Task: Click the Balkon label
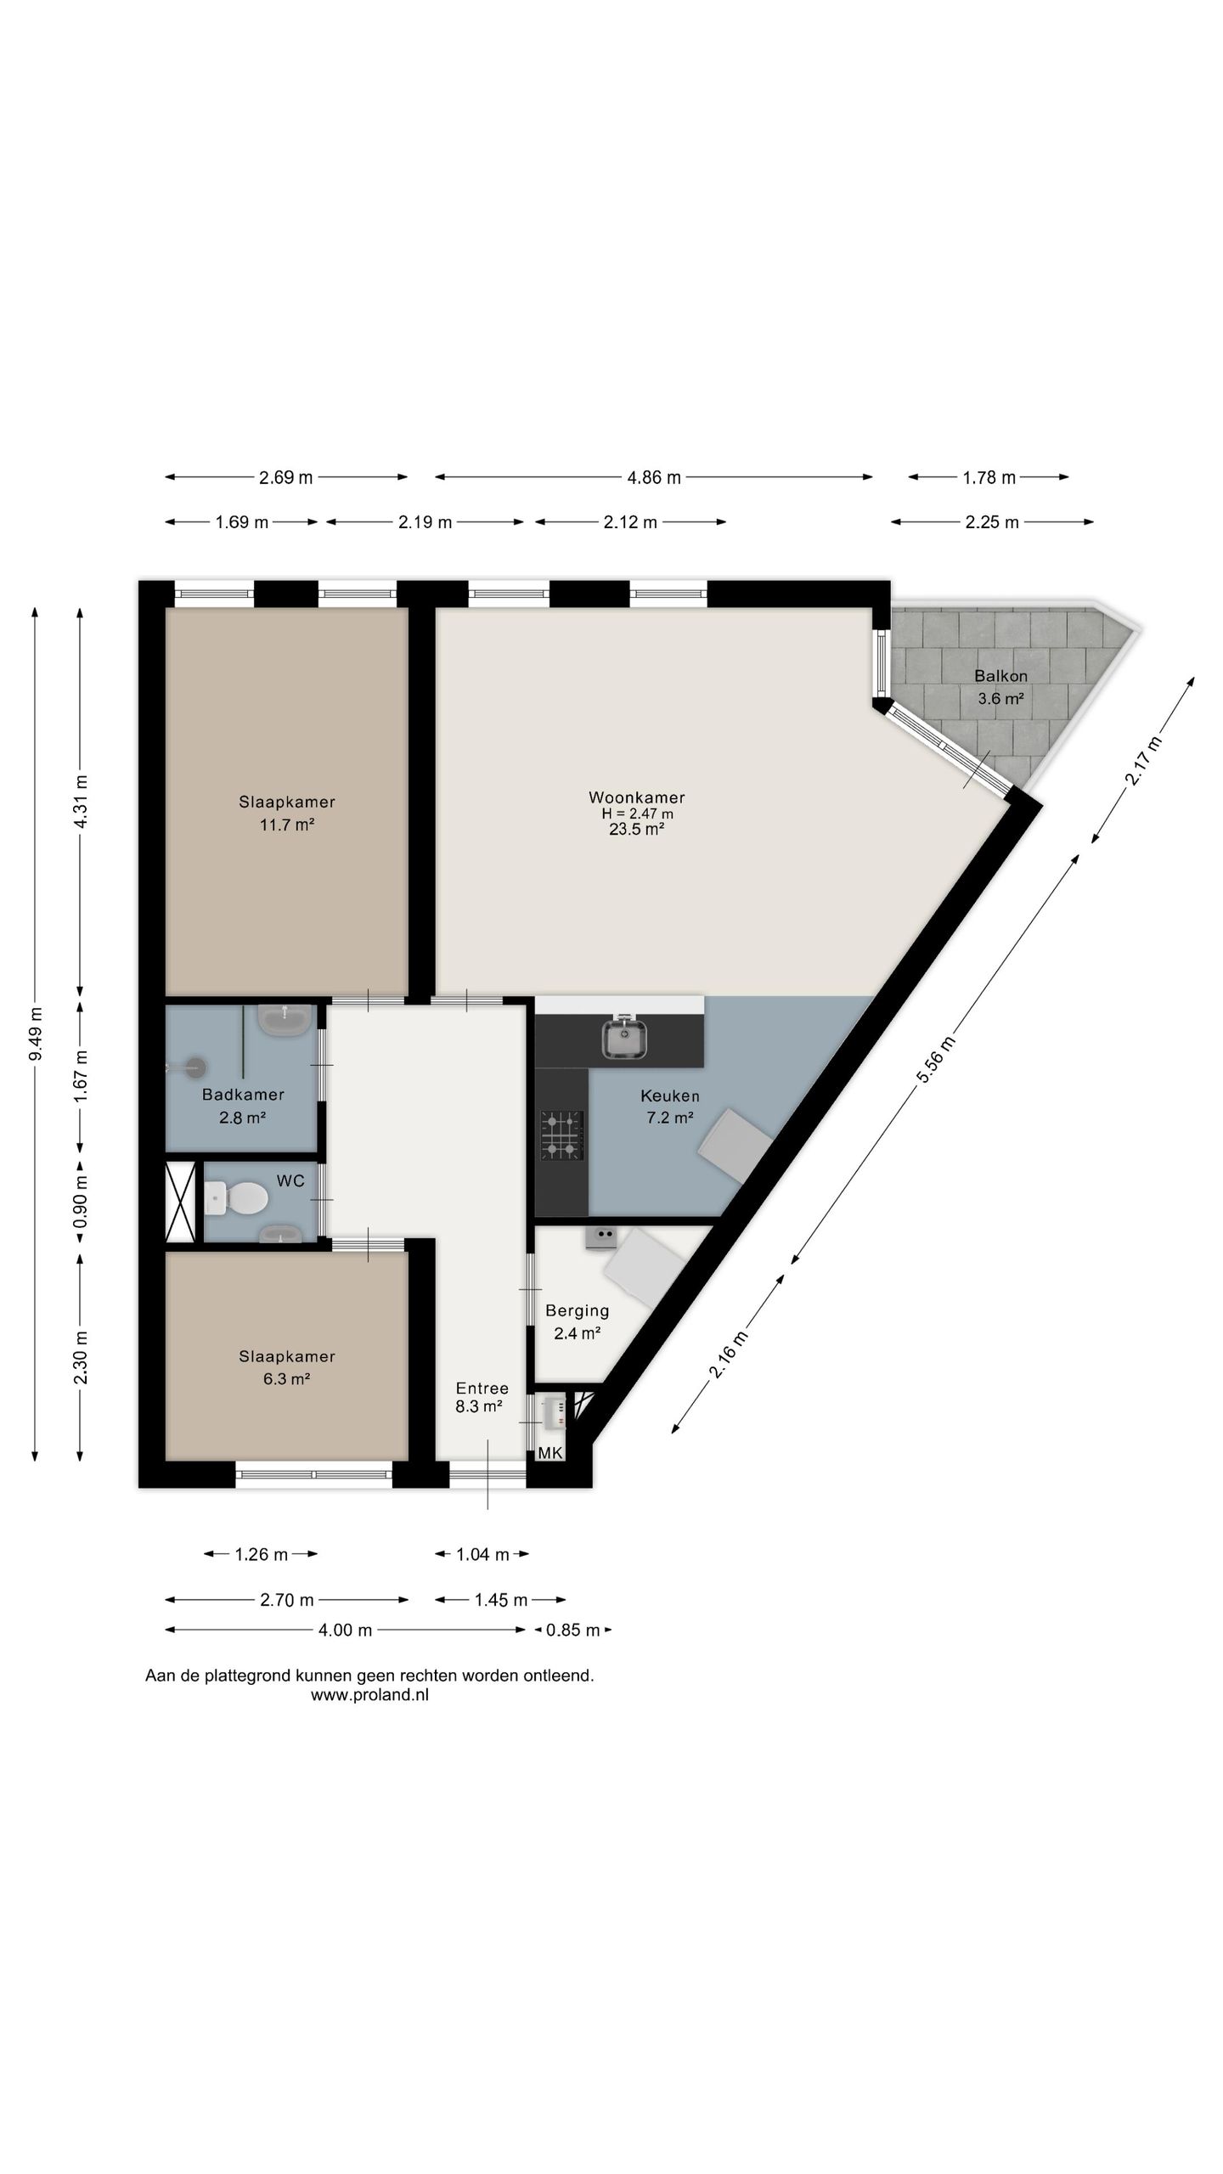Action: tap(1000, 677)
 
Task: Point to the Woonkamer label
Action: tap(636, 797)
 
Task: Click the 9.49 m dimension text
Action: tap(35, 1033)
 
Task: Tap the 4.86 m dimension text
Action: tap(654, 477)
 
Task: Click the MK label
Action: tap(550, 1453)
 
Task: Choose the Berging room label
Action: tap(577, 1310)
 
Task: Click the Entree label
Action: tap(482, 1388)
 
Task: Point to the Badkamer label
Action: tap(243, 1095)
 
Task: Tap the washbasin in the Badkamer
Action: tap(285, 1019)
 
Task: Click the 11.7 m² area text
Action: tap(287, 824)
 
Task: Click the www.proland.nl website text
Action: tap(369, 1695)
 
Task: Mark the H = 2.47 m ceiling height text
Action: tap(637, 814)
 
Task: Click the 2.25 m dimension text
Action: tap(992, 522)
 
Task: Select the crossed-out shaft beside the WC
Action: tap(181, 1202)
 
